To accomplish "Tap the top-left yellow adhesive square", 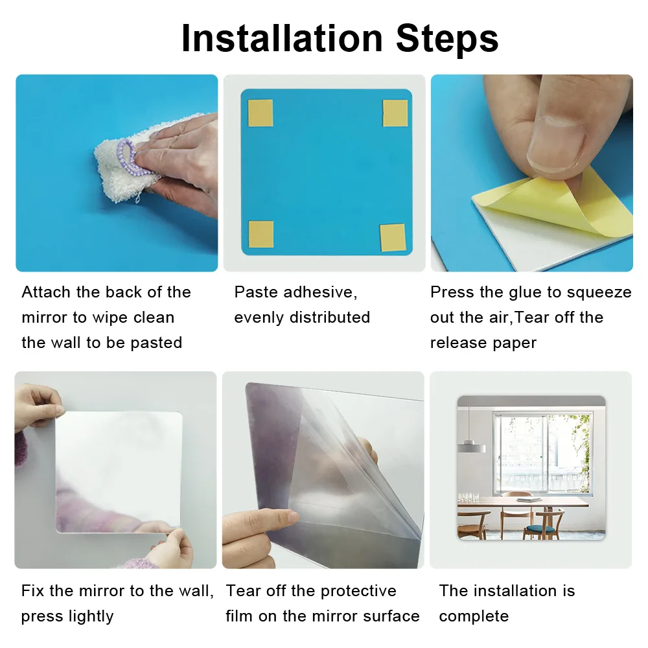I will [x=260, y=113].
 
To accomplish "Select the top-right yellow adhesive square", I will [x=395, y=113].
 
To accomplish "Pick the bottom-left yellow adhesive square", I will [x=260, y=234].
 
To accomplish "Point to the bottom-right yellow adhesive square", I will [x=392, y=237].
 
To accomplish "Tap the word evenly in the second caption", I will [x=259, y=318].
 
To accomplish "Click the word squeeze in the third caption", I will [x=599, y=292].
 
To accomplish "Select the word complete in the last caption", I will [x=474, y=616].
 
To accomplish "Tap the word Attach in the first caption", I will [x=46, y=292].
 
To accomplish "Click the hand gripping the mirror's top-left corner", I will [x=39, y=405].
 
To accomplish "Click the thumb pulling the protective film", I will [x=272, y=518].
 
